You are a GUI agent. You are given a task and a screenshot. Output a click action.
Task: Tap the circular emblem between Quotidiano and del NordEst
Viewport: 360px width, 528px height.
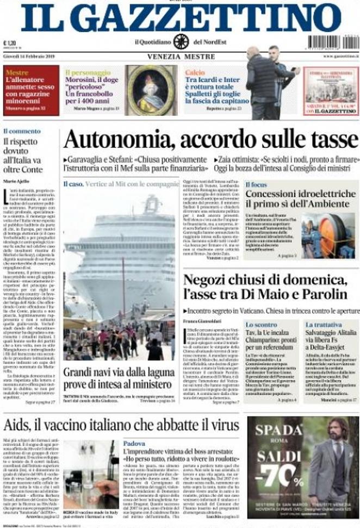(181, 42)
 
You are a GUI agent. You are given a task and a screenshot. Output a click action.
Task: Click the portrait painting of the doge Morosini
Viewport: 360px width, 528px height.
(151, 90)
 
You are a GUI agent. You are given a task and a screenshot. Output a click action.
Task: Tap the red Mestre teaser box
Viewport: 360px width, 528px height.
(31, 90)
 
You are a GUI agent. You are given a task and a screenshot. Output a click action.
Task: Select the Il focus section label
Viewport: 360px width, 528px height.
(256, 185)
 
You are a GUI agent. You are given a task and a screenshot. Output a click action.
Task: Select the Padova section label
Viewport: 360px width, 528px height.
(134, 443)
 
